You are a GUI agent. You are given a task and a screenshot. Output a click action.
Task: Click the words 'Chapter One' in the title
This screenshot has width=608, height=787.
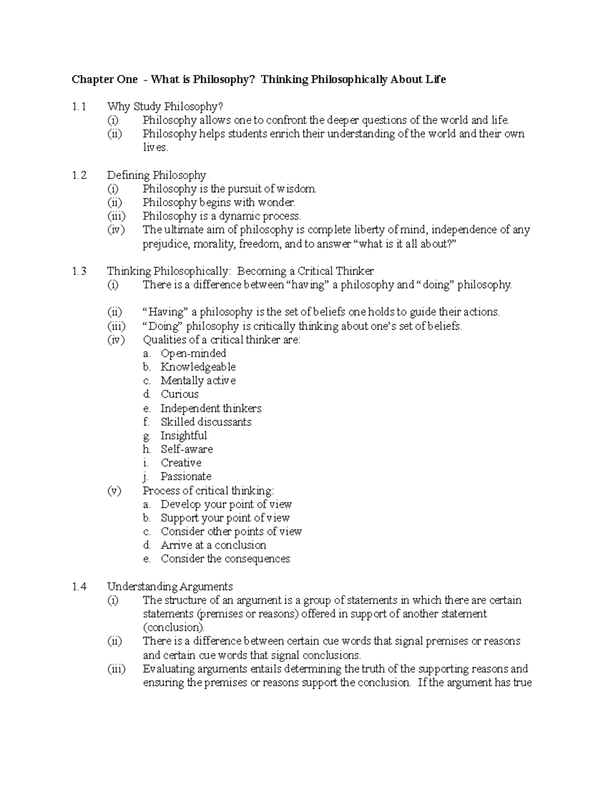[104, 80]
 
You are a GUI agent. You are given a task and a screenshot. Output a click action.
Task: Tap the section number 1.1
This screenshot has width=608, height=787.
[79, 107]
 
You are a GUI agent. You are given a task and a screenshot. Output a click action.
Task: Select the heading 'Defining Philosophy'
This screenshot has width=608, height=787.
[156, 175]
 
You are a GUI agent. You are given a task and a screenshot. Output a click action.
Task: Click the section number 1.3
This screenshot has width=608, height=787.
[79, 271]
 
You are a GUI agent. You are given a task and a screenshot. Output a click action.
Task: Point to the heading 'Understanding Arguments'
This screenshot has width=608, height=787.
[170, 587]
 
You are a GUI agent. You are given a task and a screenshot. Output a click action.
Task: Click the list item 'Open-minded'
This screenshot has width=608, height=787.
[193, 353]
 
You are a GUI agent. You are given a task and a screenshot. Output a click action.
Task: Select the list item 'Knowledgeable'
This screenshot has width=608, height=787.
[198, 367]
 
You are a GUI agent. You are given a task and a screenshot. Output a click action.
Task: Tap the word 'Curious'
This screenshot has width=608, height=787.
[179, 394]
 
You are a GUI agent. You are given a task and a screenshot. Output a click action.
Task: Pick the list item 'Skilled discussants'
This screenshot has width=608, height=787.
[206, 422]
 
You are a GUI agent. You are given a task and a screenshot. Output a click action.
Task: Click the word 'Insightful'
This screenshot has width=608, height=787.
[183, 435]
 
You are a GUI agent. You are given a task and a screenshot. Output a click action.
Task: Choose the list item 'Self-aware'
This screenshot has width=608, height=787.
[186, 449]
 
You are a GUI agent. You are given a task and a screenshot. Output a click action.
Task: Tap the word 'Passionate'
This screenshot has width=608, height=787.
[186, 476]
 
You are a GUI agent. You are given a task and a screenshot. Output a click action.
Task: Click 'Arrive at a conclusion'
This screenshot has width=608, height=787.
[213, 545]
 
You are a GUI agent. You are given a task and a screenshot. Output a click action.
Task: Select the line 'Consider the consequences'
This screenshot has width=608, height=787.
[225, 559]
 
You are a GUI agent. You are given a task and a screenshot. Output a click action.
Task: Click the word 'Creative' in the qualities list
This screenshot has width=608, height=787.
[181, 463]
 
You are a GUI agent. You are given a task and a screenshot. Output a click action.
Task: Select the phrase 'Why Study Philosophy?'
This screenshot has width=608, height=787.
[165, 107]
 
